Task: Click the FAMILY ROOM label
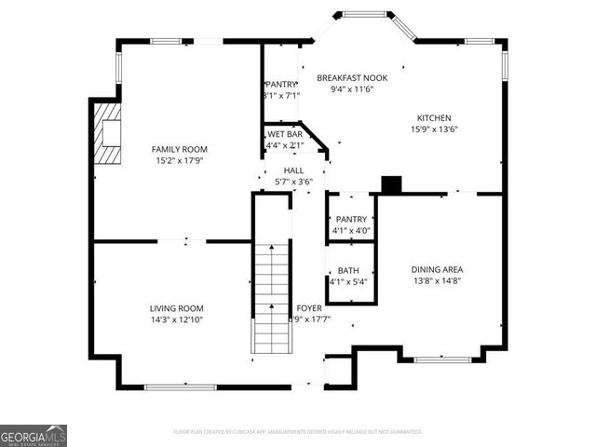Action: (180, 149)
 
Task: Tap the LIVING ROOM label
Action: (177, 307)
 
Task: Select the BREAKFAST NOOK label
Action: (352, 78)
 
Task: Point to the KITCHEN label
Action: (434, 118)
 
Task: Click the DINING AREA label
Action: (437, 269)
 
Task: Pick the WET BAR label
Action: (284, 134)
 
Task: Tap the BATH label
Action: (348, 270)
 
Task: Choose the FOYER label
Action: (309, 307)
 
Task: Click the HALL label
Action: (293, 170)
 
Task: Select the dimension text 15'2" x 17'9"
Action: (180, 160)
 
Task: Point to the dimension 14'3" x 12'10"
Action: (177, 319)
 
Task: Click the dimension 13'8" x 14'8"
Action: (437, 280)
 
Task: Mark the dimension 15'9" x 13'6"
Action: (434, 129)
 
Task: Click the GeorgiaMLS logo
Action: (34, 436)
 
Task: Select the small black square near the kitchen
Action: (392, 185)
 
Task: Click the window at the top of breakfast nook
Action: (360, 15)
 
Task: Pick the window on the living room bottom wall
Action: (173, 386)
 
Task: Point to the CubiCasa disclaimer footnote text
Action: (298, 432)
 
